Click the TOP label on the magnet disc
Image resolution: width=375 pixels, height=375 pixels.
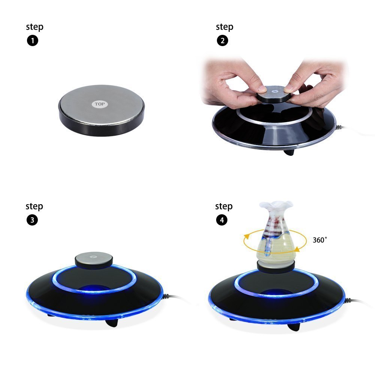coord(100,104)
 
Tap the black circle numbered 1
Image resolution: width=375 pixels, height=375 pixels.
coord(33,41)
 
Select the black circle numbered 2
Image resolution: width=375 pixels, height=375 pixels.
coord(223,41)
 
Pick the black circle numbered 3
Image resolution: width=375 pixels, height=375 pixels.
coord(32,220)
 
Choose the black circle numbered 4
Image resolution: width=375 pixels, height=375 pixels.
coord(222,220)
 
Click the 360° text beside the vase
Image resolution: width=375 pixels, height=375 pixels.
coord(320,240)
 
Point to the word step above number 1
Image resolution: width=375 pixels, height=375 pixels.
coord(35,27)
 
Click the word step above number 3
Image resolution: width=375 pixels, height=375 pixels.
coord(34,206)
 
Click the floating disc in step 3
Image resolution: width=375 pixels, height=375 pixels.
coord(94,259)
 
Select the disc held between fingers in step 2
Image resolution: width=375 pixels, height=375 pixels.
coord(274,94)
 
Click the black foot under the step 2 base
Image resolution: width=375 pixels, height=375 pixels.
coord(289,152)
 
